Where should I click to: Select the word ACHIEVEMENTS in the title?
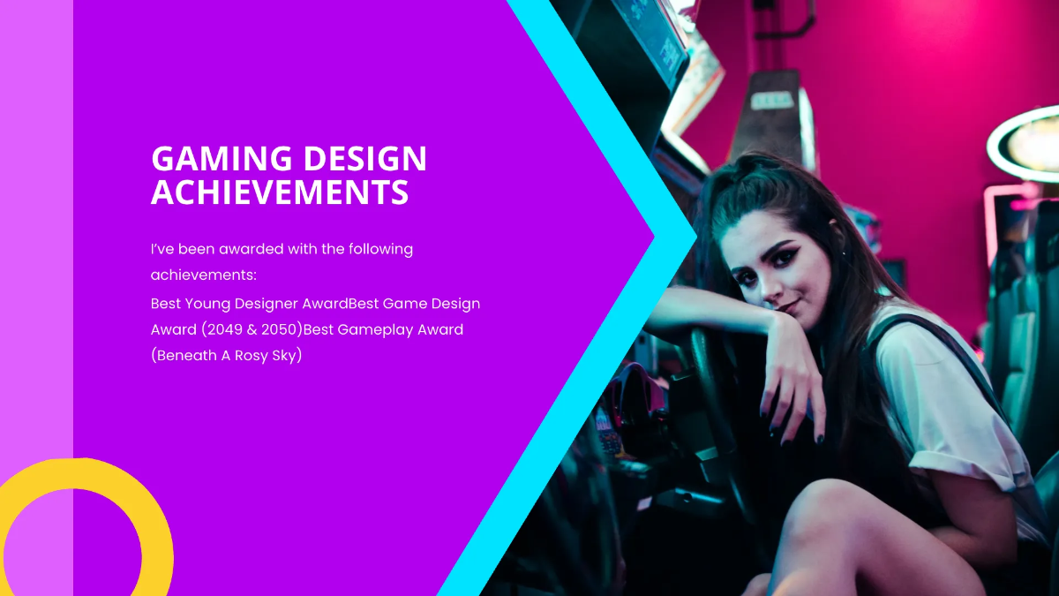click(x=280, y=192)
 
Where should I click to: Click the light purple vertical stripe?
click(x=36, y=265)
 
